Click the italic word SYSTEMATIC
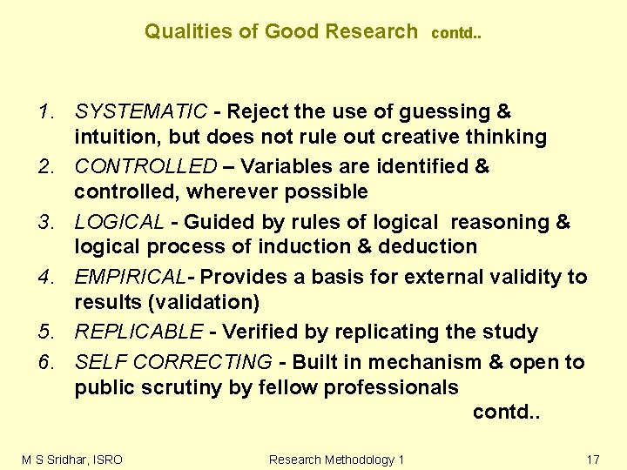[x=141, y=111]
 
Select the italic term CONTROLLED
[x=145, y=166]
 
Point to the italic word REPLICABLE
[x=139, y=332]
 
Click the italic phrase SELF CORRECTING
[x=172, y=361]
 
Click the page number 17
[x=593, y=459]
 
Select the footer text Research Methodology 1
[x=337, y=459]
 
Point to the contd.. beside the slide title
[x=456, y=34]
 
